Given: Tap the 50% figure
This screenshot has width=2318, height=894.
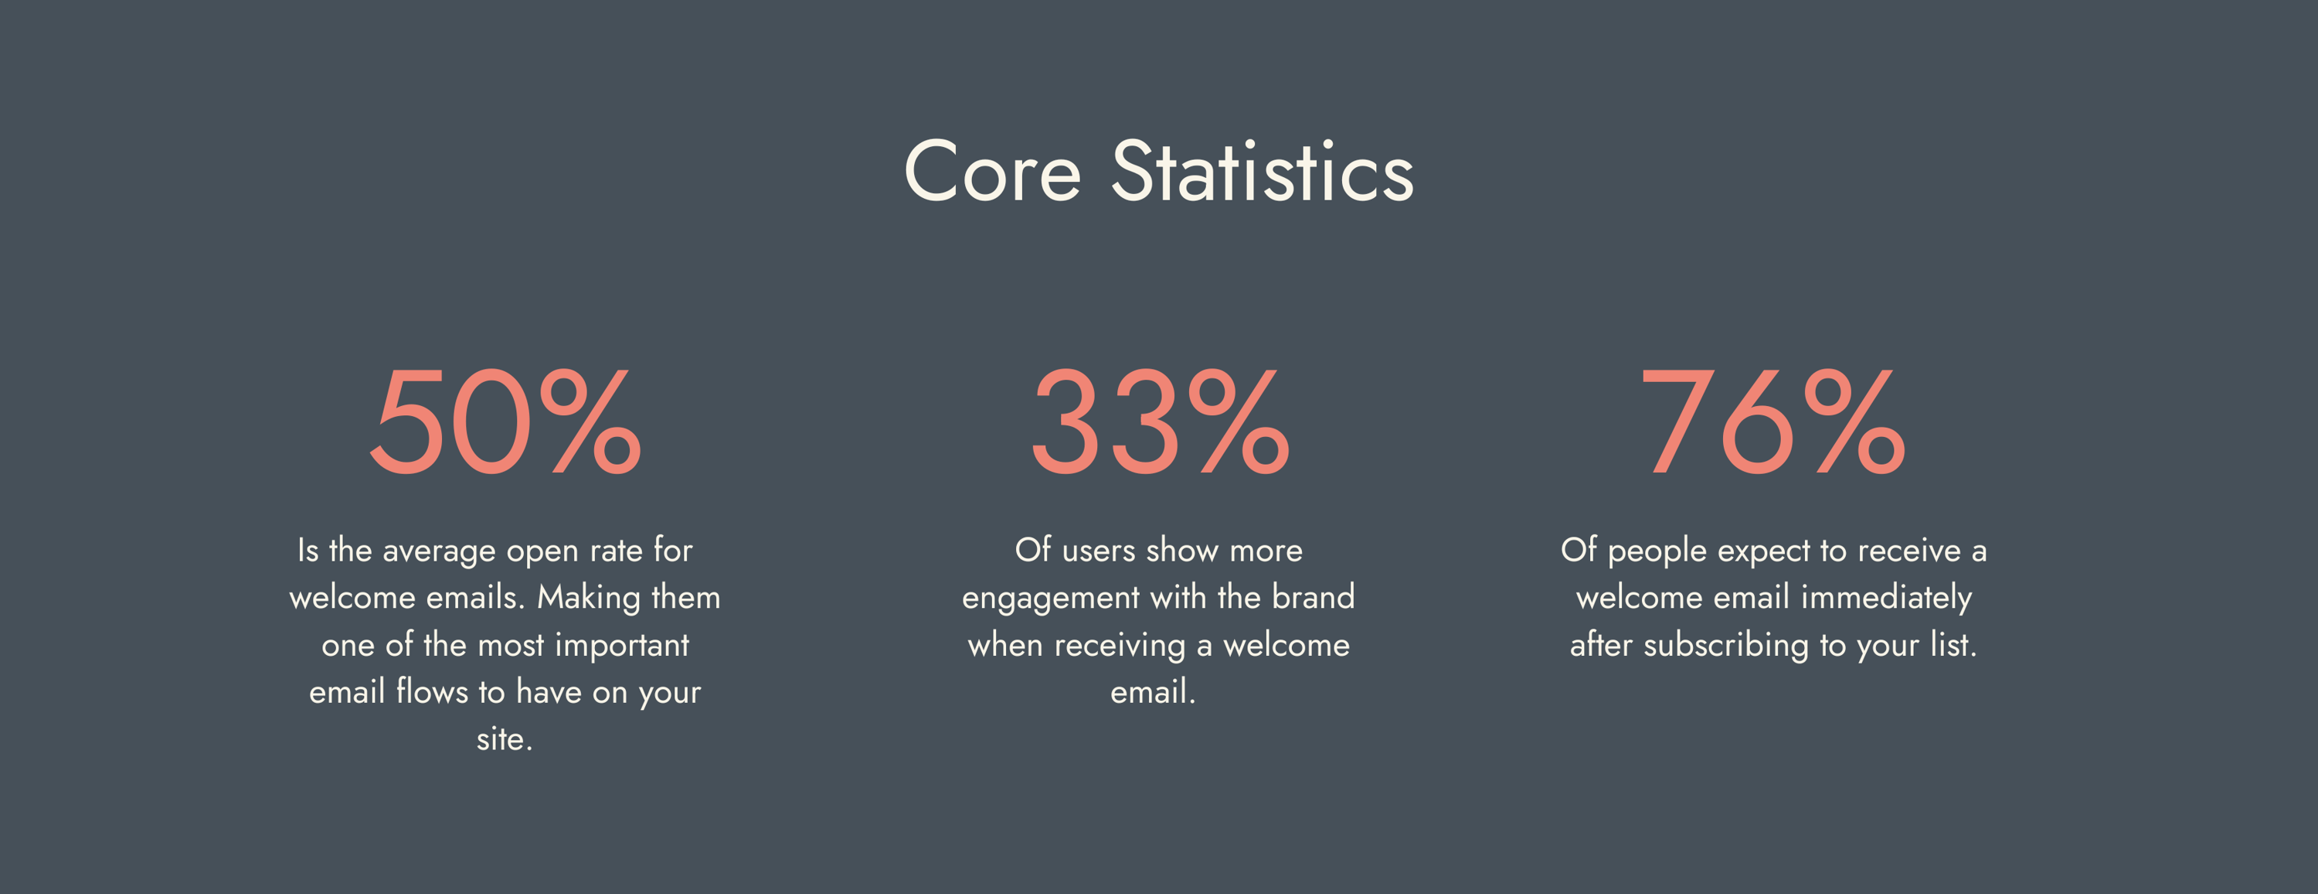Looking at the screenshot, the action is (507, 421).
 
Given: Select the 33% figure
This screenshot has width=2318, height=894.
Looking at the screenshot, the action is (1161, 421).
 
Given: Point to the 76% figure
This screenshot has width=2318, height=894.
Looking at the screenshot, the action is (1772, 421).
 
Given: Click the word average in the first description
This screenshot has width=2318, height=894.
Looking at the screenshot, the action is (439, 551).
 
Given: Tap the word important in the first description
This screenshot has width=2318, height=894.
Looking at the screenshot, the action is (622, 646).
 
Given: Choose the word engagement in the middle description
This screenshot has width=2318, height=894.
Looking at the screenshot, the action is (1051, 599).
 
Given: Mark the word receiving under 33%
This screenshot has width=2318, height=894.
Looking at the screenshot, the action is (1120, 647).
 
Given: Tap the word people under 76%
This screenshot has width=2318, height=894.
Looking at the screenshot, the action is (1657, 551).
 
